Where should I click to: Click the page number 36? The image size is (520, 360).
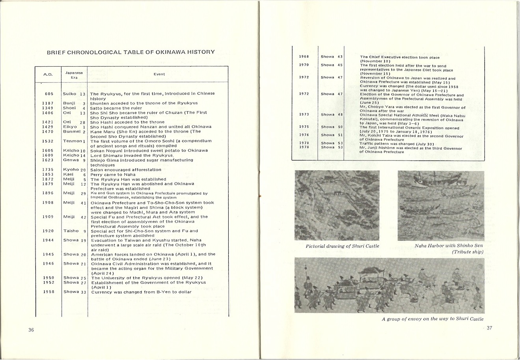(x=31, y=330)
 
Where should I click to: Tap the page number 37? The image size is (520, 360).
(x=489, y=328)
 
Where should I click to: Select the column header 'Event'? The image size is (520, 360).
(x=159, y=74)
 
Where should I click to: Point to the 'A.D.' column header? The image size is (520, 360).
(x=48, y=74)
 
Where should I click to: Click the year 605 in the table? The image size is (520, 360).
(x=49, y=94)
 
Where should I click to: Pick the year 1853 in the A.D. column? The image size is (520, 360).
(x=48, y=174)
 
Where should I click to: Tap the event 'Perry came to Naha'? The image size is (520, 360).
(x=113, y=174)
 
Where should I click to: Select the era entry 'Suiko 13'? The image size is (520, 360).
(x=74, y=94)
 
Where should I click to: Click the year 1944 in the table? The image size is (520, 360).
(x=48, y=240)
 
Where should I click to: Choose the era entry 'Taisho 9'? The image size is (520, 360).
(x=75, y=231)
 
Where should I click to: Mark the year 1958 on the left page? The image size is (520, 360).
(x=48, y=292)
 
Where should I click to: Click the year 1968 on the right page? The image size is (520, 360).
(x=304, y=57)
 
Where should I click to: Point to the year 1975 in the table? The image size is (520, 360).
(x=304, y=127)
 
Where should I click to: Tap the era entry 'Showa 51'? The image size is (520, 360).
(x=332, y=135)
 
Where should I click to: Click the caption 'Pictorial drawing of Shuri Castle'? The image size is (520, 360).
(x=342, y=246)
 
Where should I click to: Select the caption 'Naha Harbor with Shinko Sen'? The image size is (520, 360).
(x=449, y=246)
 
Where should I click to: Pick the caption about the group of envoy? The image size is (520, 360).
(x=432, y=319)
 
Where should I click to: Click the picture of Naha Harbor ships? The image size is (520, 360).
(x=440, y=205)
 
